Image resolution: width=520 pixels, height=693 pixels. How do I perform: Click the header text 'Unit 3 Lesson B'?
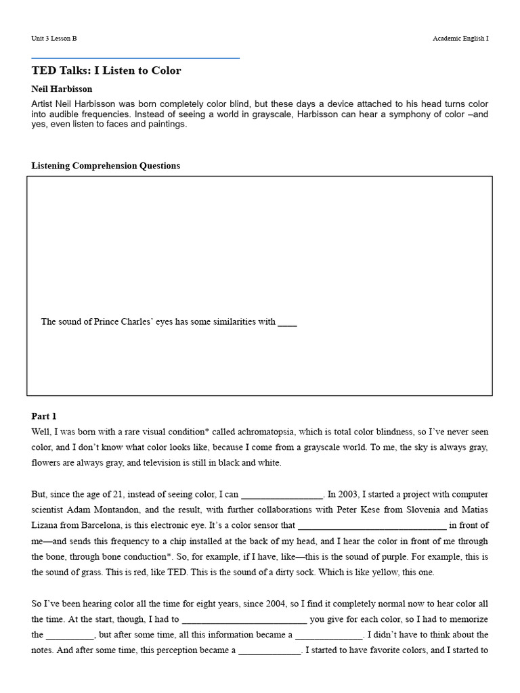tap(54, 39)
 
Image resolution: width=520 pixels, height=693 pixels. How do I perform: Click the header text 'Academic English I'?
tap(460, 39)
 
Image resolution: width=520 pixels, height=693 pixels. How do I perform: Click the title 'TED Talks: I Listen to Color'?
tap(106, 70)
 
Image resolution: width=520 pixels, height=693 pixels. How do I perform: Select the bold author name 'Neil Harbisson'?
tap(62, 89)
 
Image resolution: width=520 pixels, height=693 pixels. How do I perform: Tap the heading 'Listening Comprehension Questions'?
tap(106, 166)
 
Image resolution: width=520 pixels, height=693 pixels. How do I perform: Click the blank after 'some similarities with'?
tap(287, 322)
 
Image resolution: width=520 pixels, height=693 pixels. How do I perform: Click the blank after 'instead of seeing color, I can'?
tap(282, 494)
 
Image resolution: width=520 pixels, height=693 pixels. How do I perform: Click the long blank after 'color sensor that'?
tap(372, 525)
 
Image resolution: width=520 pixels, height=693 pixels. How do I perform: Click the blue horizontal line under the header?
tap(135, 58)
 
